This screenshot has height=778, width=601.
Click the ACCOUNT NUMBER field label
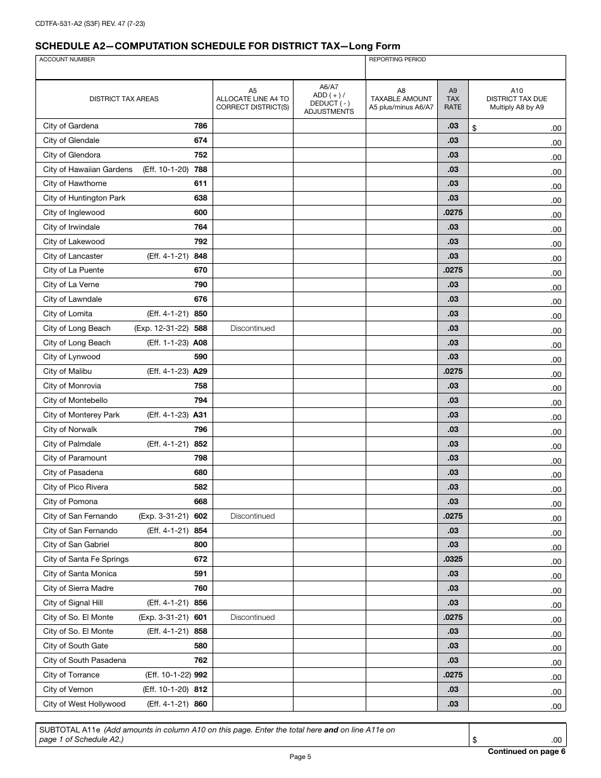click(67, 59)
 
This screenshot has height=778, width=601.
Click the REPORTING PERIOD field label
click(397, 59)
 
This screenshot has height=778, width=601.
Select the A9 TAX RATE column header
click(452, 99)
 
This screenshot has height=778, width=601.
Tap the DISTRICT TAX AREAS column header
click(124, 99)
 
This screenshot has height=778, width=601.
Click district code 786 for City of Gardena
click(200, 126)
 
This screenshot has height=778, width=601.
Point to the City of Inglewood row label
click(73, 213)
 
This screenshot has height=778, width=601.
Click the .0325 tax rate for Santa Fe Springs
click(452, 559)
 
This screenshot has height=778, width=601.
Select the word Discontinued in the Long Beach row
click(252, 328)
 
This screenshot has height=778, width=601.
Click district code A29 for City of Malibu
click(200, 371)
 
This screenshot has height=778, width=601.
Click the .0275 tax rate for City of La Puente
click(452, 270)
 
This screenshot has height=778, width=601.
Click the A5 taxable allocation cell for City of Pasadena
click(252, 472)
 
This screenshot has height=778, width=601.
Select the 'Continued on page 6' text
click(526, 751)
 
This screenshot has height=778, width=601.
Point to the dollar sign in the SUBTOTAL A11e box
click(475, 740)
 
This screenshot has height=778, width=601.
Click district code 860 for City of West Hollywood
click(200, 704)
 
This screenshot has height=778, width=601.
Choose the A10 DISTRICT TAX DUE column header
click(516, 99)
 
